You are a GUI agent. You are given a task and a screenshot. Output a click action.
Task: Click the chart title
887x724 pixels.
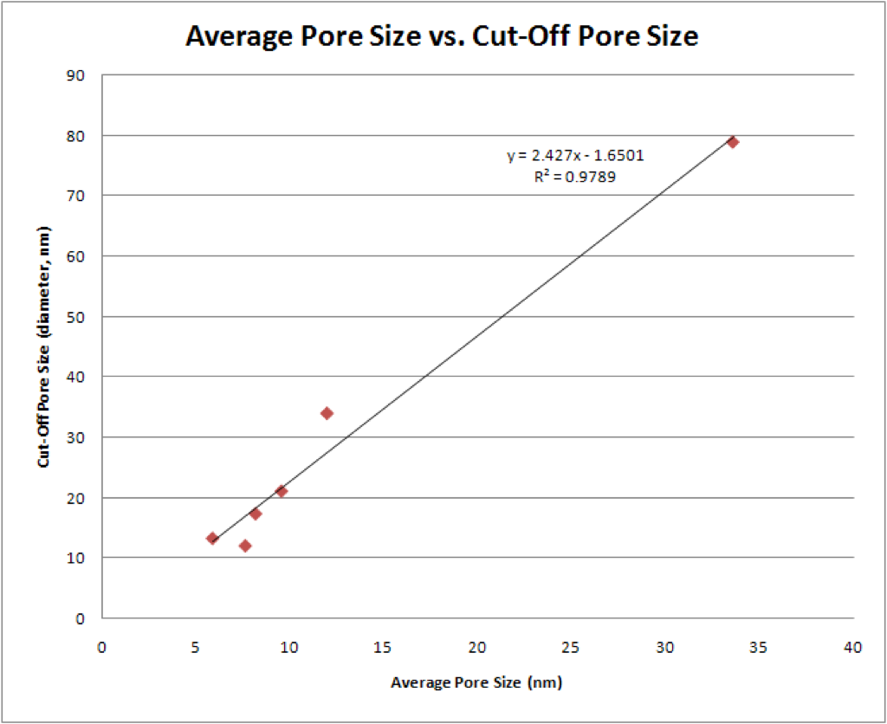[x=442, y=36]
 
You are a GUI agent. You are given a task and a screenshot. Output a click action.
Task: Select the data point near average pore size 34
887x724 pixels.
[x=733, y=142]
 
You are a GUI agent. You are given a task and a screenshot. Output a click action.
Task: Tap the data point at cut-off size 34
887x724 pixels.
[x=327, y=413]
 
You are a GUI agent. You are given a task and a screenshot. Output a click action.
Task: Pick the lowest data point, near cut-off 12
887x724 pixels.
[x=245, y=546]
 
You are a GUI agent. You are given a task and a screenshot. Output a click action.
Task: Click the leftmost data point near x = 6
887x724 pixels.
[x=212, y=538]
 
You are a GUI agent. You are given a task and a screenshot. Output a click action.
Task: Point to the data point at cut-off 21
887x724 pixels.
[x=282, y=491]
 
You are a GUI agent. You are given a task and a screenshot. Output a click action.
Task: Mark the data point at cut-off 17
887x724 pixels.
[x=256, y=514]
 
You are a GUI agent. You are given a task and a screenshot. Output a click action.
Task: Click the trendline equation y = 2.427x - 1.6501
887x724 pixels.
[x=575, y=156]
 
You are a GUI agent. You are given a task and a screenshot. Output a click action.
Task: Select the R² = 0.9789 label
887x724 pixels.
[x=575, y=177]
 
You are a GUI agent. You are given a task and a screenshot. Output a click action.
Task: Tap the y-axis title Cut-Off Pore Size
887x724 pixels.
[x=43, y=346]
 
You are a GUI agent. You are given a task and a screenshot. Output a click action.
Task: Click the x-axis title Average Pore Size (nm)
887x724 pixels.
[x=476, y=682]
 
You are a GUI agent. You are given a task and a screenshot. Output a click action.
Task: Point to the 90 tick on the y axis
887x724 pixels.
[x=75, y=75]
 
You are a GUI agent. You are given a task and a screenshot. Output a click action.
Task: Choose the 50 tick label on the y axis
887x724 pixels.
[x=75, y=317]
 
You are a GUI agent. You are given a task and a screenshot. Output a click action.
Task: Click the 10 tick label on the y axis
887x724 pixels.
[x=75, y=558]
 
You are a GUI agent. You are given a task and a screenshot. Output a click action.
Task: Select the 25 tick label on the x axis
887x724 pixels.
[x=571, y=648]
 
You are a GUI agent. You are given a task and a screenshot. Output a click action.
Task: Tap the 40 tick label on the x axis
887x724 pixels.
[x=852, y=648]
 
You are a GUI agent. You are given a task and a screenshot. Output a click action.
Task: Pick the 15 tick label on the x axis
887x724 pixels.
[x=383, y=648]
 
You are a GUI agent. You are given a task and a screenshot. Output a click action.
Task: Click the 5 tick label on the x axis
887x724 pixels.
[x=195, y=648]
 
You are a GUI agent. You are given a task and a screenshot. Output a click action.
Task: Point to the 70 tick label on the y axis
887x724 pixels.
[x=75, y=196]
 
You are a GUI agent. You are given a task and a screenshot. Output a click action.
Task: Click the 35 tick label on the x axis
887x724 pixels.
[x=759, y=648]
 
